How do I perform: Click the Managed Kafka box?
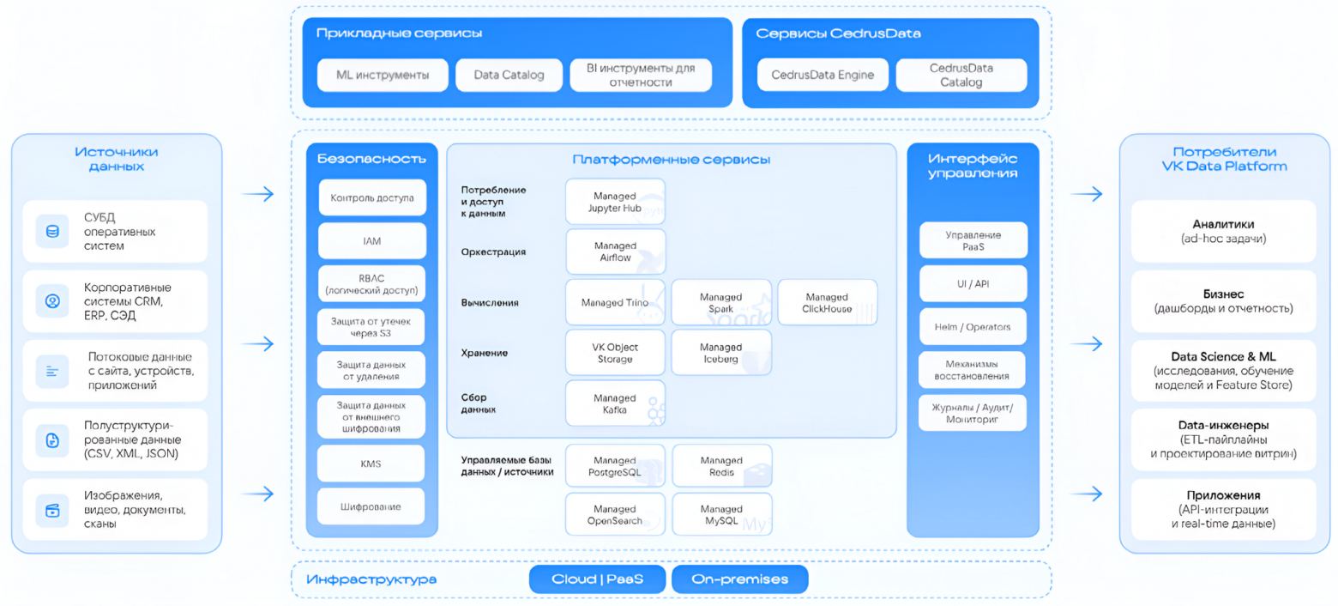(615, 403)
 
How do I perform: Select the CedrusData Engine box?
(823, 75)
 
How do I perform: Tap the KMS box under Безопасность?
(371, 464)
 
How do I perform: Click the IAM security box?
(372, 241)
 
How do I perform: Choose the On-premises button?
(739, 579)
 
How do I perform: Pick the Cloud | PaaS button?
(597, 579)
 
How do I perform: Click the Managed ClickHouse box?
(828, 302)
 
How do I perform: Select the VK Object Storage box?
(615, 353)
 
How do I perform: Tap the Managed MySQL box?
(721, 514)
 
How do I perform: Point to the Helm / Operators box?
(973, 327)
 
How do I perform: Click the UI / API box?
(973, 284)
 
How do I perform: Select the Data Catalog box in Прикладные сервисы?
(509, 75)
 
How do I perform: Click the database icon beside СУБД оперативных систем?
(52, 231)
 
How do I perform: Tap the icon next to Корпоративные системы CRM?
(52, 300)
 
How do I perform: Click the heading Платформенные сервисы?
(672, 160)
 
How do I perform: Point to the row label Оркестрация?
(493, 252)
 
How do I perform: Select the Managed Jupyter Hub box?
(615, 202)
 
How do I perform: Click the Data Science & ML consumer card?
(1223, 371)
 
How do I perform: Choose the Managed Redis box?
(721, 466)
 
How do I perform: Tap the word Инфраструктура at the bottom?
(371, 579)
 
